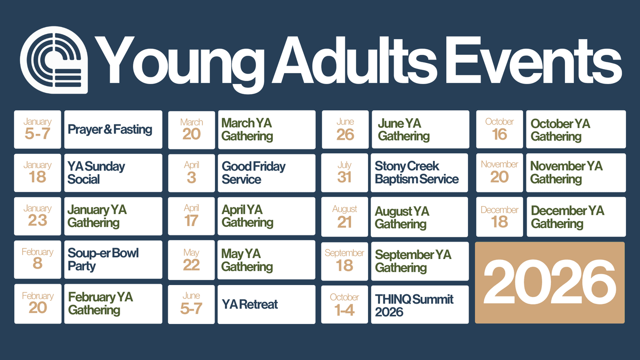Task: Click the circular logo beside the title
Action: (54, 60)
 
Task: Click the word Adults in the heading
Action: (355, 60)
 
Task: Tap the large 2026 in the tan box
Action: (549, 282)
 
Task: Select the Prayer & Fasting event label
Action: (110, 129)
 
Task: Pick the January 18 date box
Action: (37, 173)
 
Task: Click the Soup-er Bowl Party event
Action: (103, 259)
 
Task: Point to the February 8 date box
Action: (37, 259)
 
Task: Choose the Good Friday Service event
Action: (253, 173)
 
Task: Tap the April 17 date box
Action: (192, 216)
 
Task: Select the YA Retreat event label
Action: (250, 304)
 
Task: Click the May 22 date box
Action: (192, 260)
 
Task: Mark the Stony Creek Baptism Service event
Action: (416, 172)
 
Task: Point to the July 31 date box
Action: (345, 173)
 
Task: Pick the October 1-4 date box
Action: (345, 304)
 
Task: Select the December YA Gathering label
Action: (567, 217)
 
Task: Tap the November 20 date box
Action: (499, 173)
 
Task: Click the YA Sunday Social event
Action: (96, 173)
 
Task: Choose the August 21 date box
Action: (345, 217)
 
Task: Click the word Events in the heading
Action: (533, 60)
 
